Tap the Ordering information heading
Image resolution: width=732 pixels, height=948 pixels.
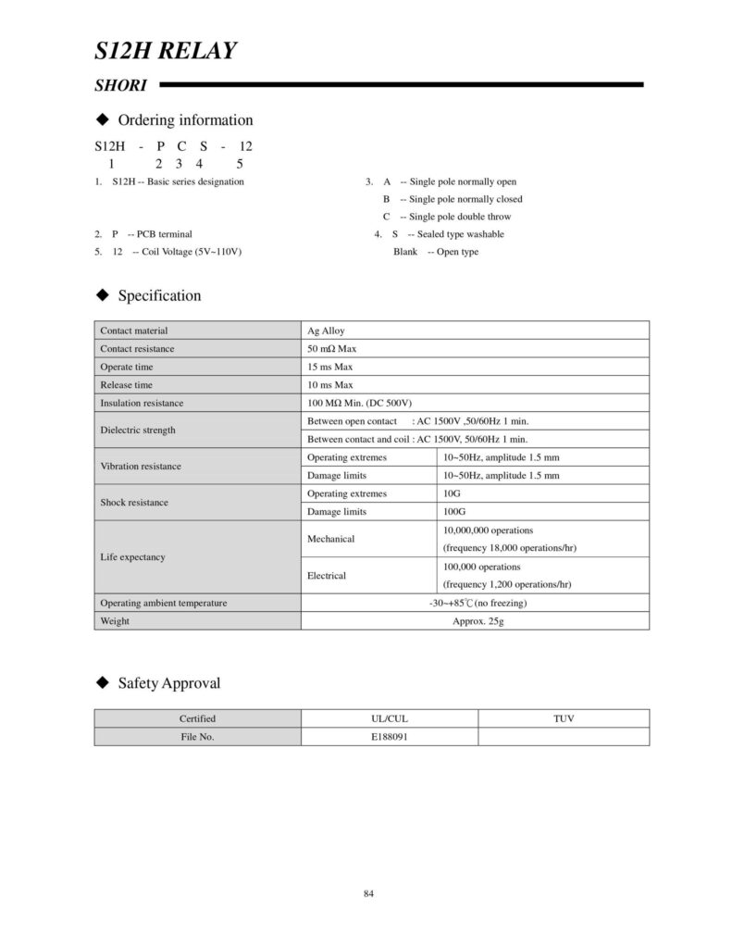185,120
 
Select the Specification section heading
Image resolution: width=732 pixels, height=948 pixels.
159,296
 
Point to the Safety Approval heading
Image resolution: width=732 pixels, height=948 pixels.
169,684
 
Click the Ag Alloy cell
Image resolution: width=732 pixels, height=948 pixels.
326,331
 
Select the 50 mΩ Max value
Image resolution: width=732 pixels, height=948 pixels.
331,349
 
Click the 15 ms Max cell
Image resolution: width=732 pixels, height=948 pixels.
329,367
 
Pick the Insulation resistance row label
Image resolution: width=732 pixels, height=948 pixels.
142,403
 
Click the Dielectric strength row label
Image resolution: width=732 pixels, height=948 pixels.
138,430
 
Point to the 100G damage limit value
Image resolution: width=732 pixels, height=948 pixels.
454,511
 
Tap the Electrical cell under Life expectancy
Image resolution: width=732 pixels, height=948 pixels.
327,575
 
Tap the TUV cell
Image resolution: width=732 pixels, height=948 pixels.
564,718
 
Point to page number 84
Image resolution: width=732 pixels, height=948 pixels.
368,893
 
